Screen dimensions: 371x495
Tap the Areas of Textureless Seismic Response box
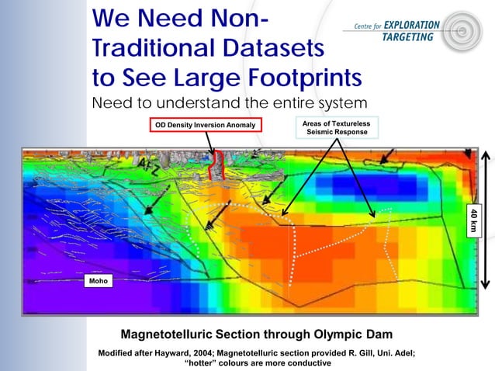click(x=337, y=127)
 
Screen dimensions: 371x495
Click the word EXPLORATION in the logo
click(x=410, y=23)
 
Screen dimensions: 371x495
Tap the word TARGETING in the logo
click(x=412, y=38)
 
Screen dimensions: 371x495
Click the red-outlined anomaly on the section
click(x=219, y=164)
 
